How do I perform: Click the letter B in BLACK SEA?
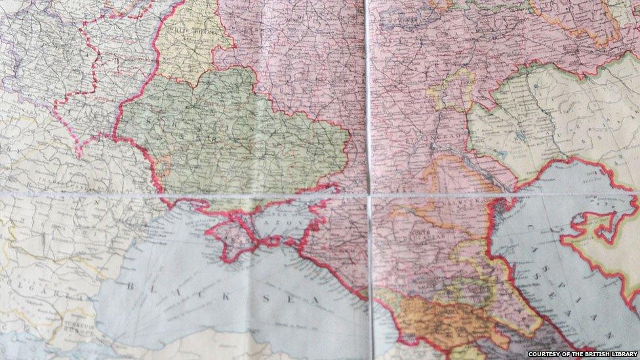129,286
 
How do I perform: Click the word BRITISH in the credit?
592,354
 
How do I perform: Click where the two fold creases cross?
369,195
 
